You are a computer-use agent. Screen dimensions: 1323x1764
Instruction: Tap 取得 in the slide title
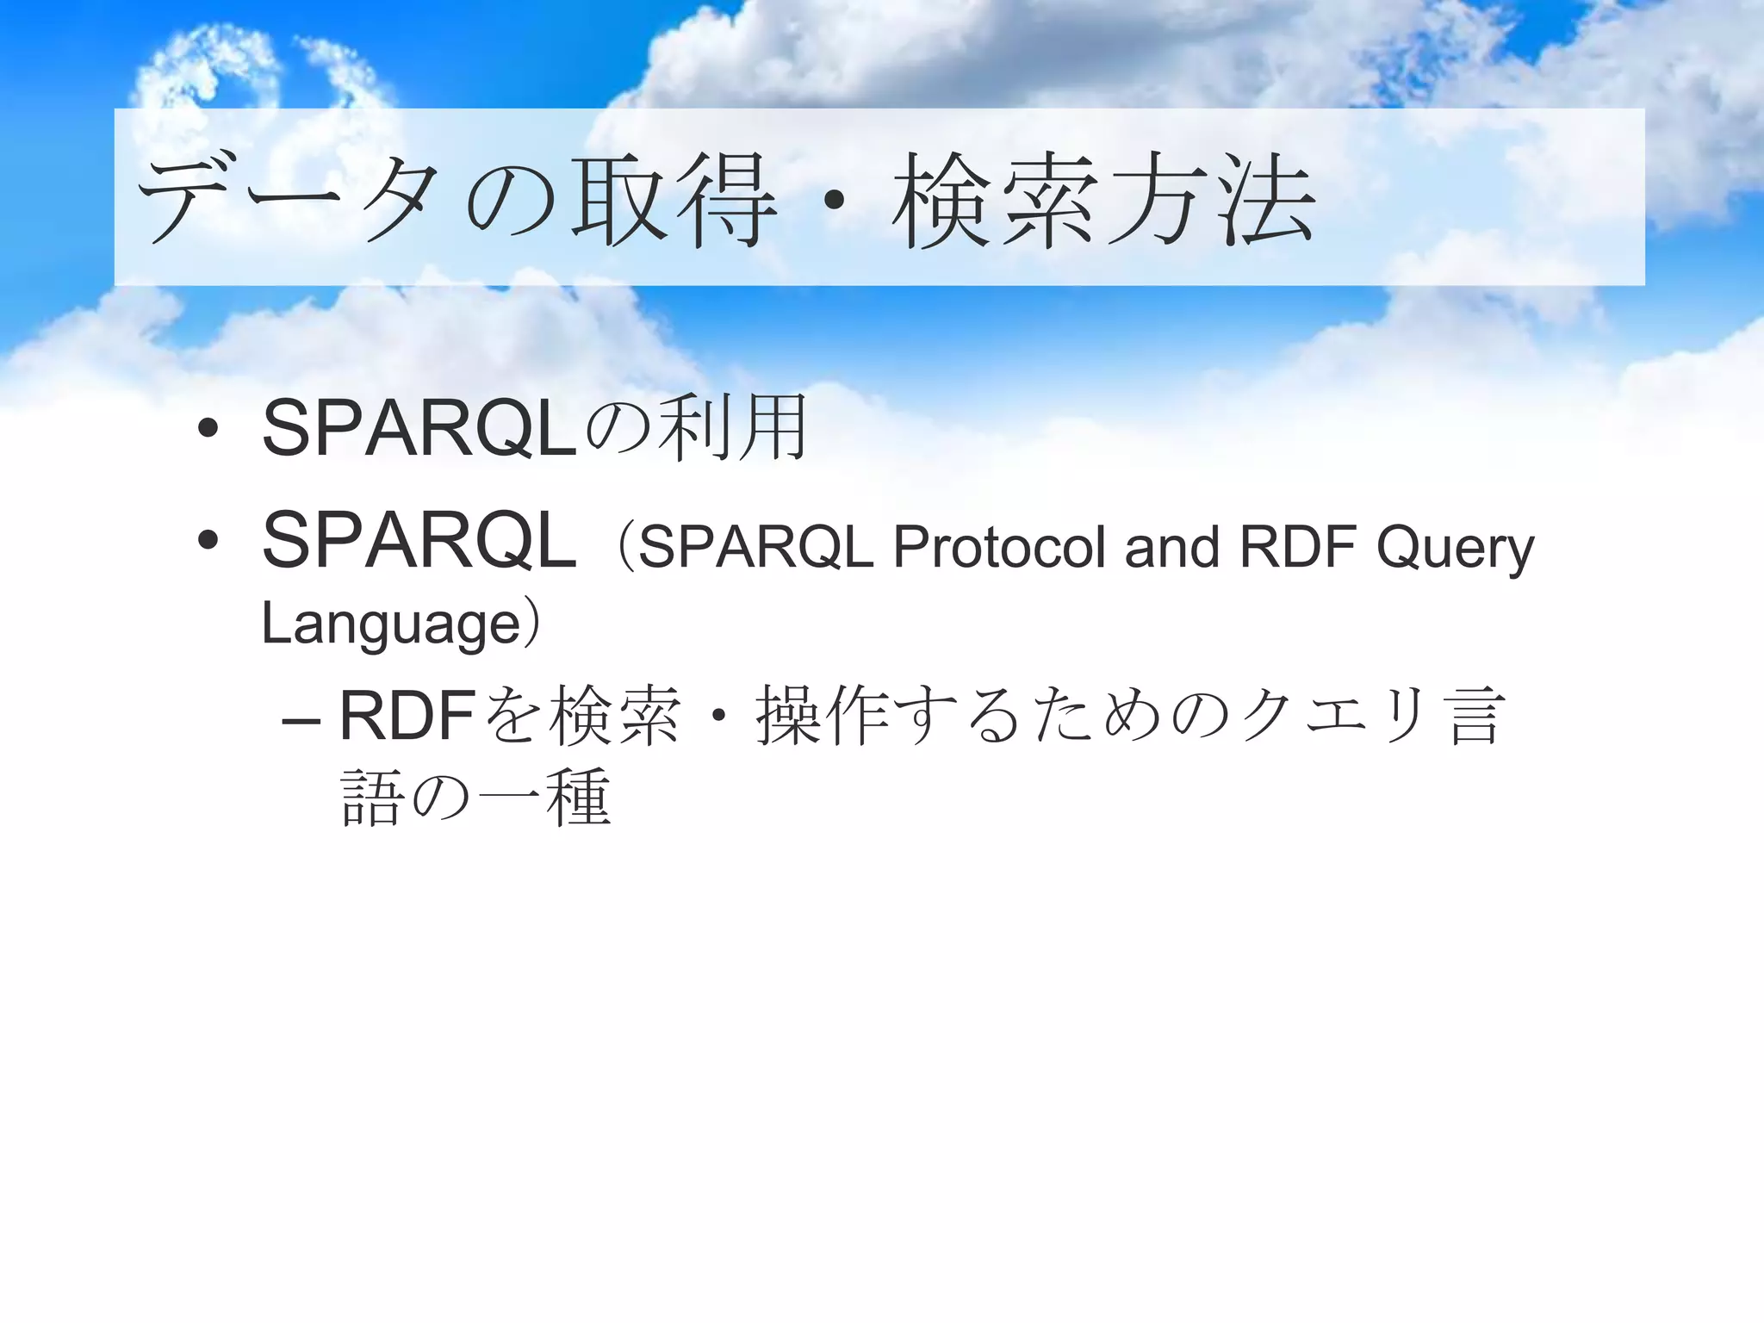674,201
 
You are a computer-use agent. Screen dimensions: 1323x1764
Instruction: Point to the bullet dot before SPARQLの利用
208,428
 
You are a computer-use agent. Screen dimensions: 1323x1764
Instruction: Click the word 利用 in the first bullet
732,428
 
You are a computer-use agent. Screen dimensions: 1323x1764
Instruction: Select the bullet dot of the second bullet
208,541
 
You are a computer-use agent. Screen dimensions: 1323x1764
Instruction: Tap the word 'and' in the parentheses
1172,547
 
